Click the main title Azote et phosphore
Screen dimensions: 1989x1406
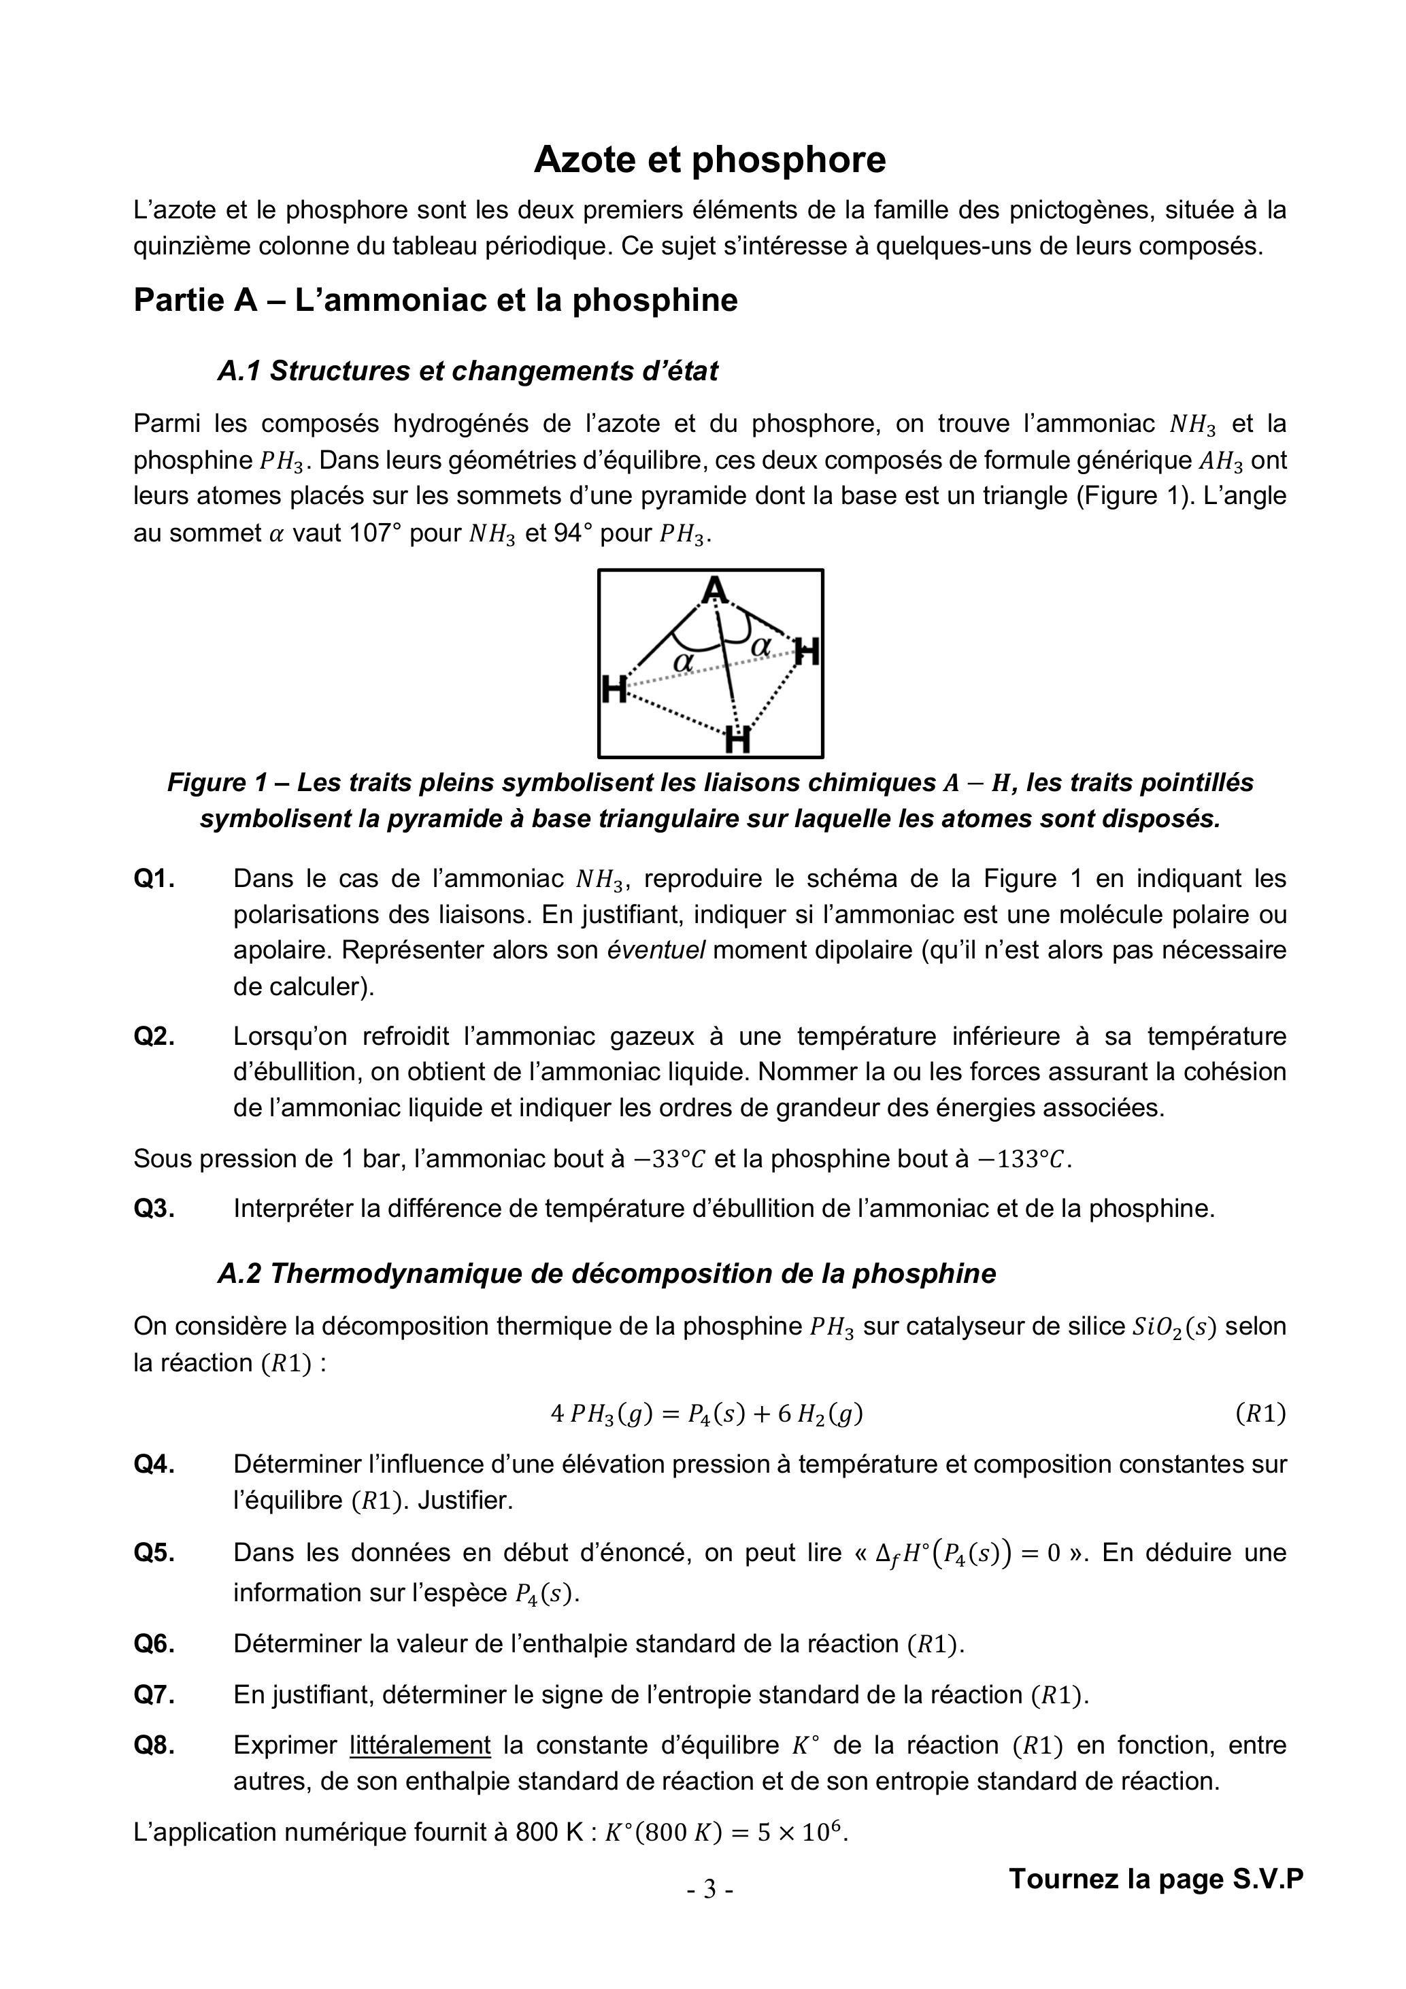tap(709, 159)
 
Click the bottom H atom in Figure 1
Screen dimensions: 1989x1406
tap(737, 741)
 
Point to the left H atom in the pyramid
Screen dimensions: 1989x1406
tap(614, 690)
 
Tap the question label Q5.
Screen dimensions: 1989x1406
tap(154, 1552)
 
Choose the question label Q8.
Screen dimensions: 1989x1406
tap(154, 1745)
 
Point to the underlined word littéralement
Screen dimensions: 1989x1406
tap(420, 1745)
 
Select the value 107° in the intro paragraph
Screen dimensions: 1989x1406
tap(375, 533)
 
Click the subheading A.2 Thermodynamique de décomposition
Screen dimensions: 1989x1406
tap(606, 1273)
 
